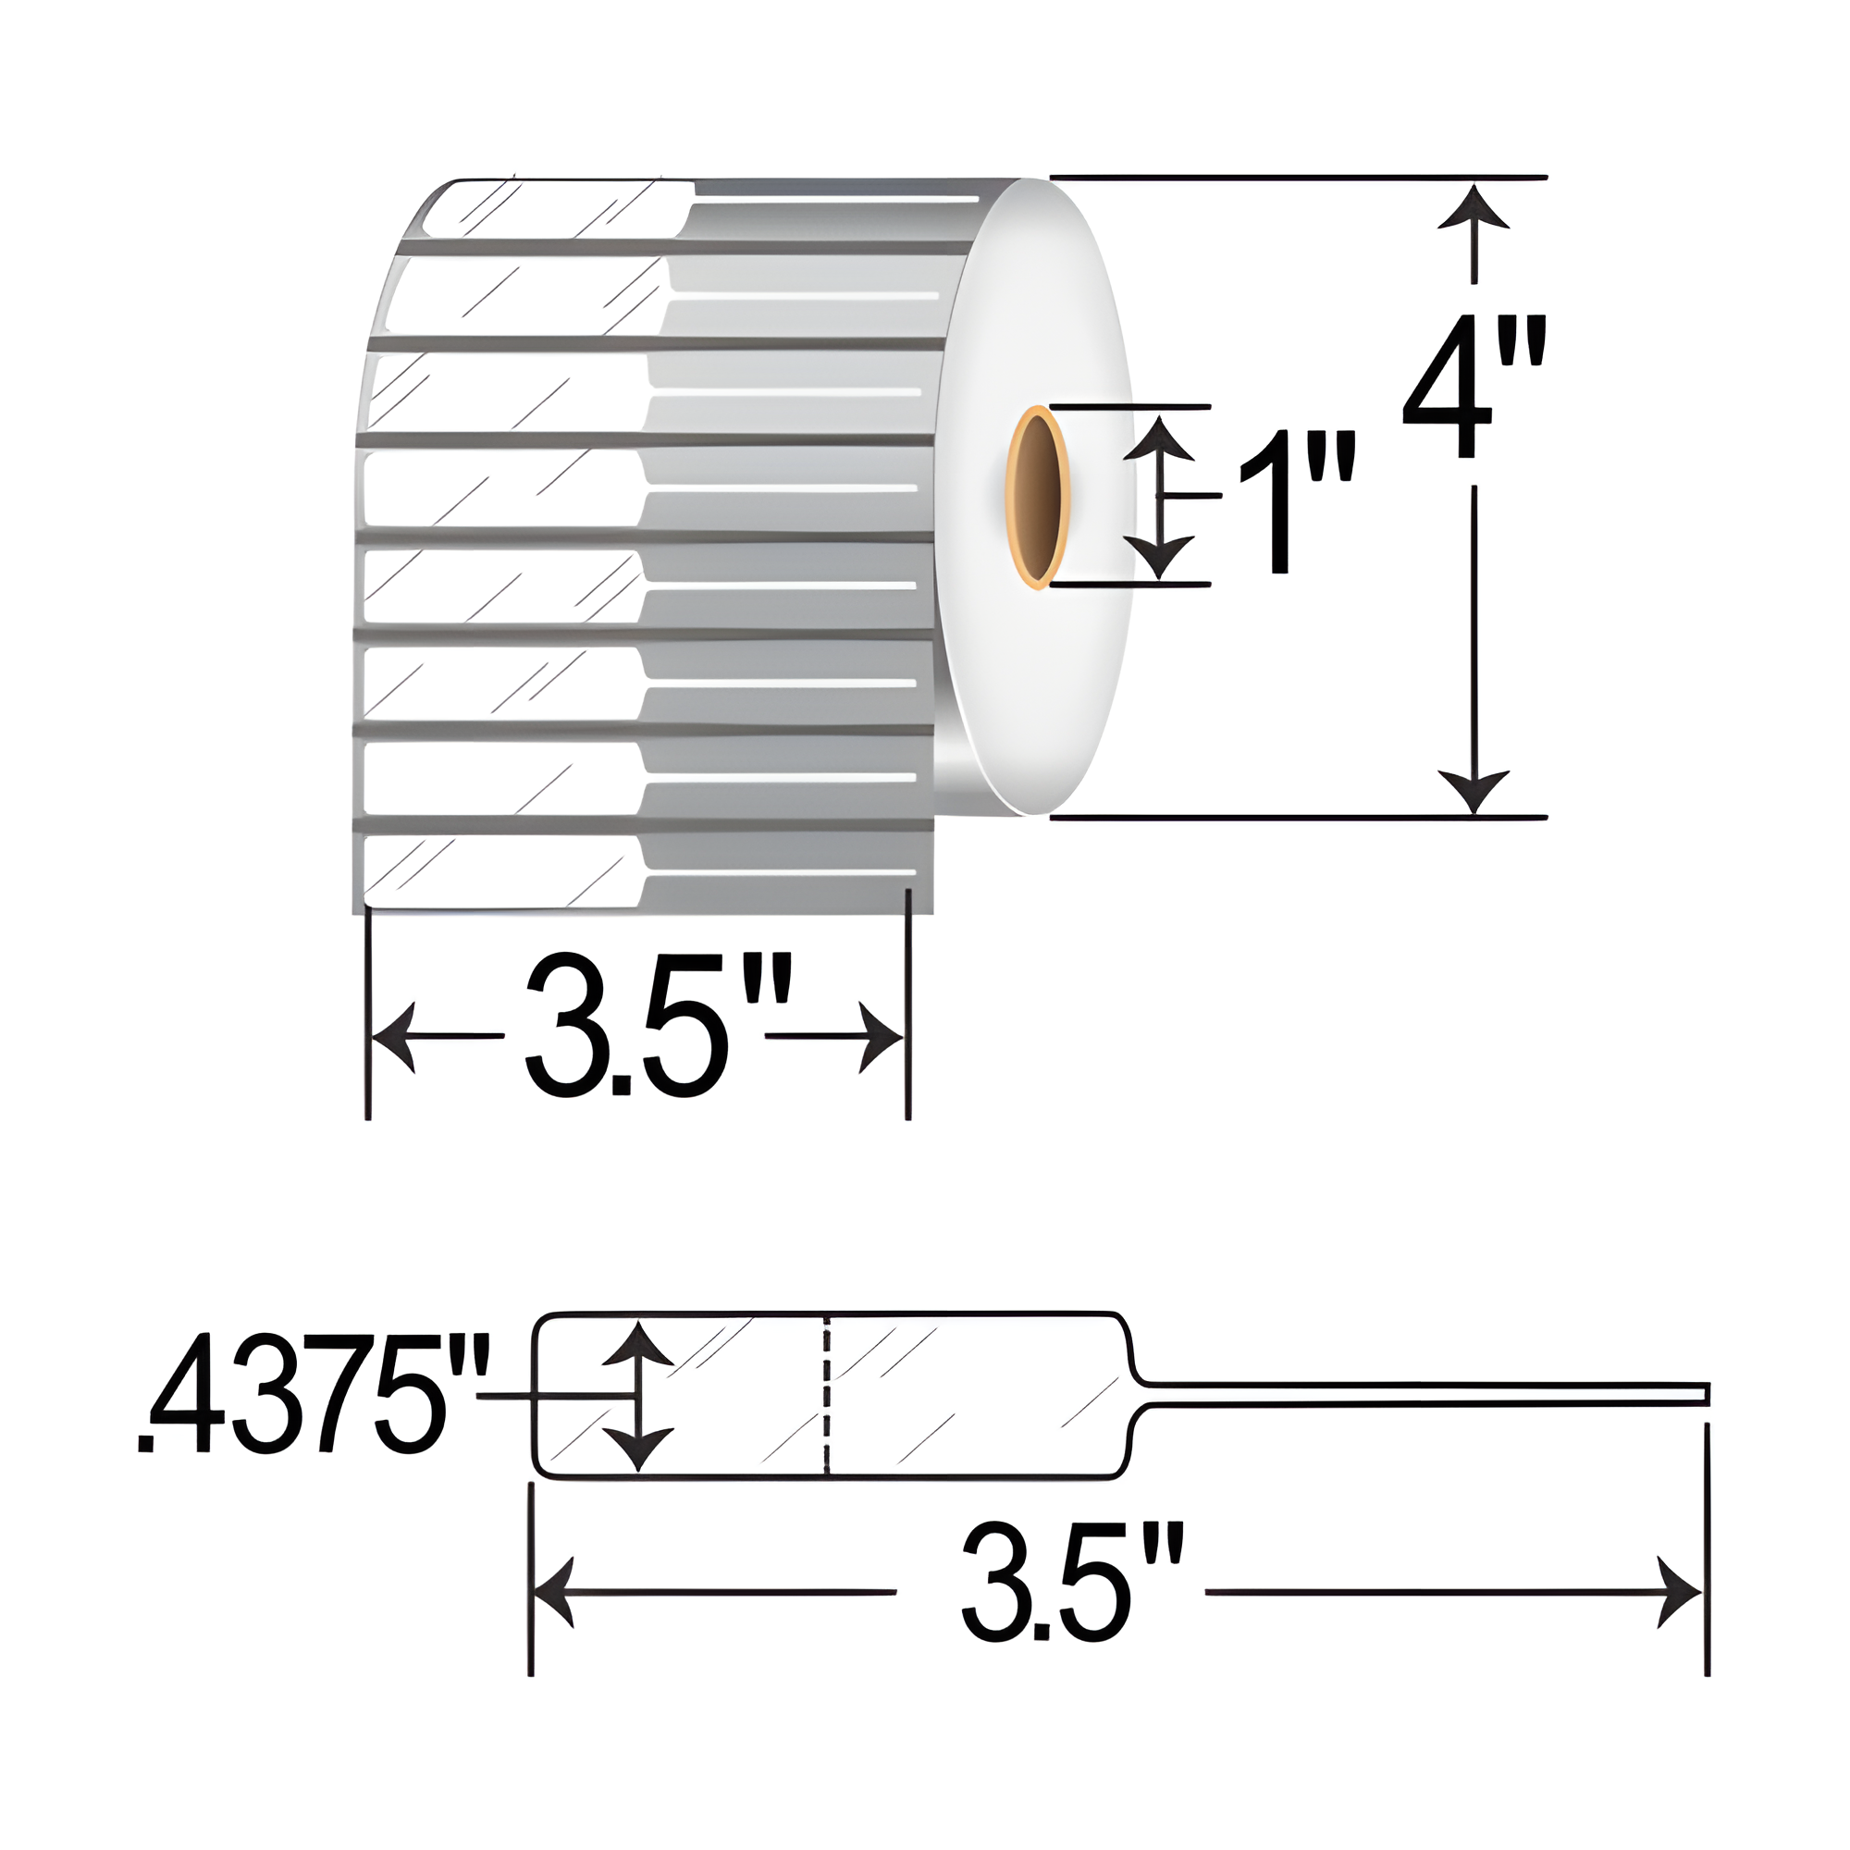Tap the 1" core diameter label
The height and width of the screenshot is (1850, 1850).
tap(1297, 501)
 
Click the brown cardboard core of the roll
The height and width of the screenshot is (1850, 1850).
tap(1037, 498)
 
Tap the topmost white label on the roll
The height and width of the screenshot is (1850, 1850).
tap(555, 211)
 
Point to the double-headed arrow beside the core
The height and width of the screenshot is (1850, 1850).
tap(1160, 497)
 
